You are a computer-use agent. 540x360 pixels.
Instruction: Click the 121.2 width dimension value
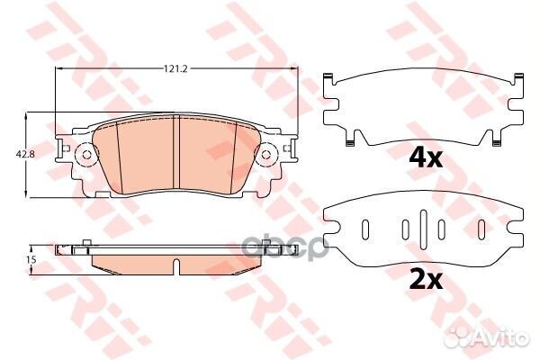pyautogui.click(x=175, y=69)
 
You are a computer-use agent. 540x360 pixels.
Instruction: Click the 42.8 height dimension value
pyautogui.click(x=21, y=154)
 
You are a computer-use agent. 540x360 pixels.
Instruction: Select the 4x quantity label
pyautogui.click(x=426, y=159)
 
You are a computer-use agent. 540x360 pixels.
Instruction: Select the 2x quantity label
pyautogui.click(x=426, y=281)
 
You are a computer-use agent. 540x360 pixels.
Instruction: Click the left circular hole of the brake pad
pyautogui.click(x=86, y=155)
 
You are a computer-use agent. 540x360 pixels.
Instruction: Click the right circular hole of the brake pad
pyautogui.click(x=265, y=155)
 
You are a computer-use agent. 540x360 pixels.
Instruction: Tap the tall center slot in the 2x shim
pyautogui.click(x=424, y=229)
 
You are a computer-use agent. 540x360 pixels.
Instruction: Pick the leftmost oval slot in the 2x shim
pyautogui.click(x=365, y=229)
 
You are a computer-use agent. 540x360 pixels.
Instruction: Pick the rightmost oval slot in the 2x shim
pyautogui.click(x=481, y=229)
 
